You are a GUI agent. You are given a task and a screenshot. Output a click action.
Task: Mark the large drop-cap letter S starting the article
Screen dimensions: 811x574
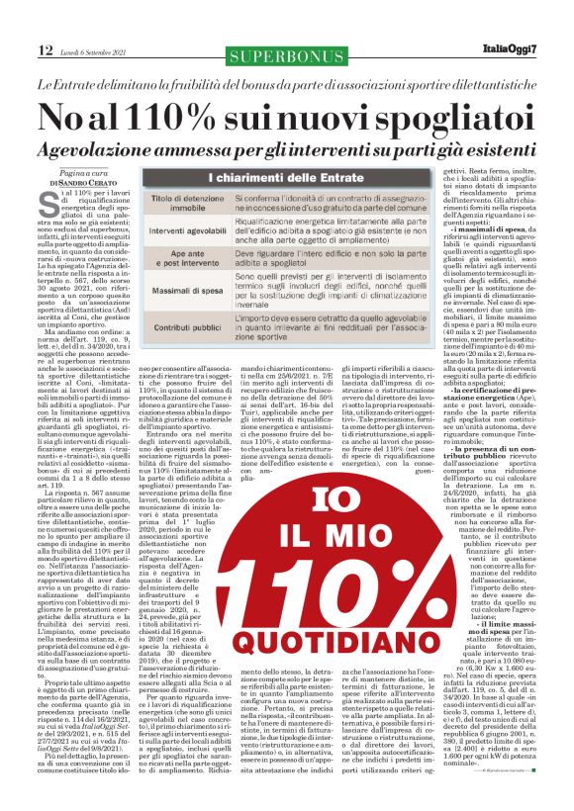[49, 208]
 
